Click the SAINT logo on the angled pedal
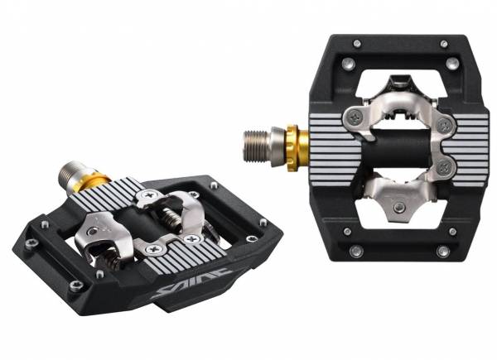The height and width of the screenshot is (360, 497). click(191, 283)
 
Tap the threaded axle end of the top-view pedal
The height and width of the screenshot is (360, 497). click(257, 146)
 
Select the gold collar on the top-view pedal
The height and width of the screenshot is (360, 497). click(297, 148)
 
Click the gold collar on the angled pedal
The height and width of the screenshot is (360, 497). click(94, 184)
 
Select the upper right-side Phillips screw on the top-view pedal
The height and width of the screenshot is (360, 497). click(444, 126)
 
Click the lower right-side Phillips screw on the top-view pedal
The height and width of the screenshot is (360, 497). click(444, 167)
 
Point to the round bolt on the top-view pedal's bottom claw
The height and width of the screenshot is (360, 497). click(398, 208)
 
